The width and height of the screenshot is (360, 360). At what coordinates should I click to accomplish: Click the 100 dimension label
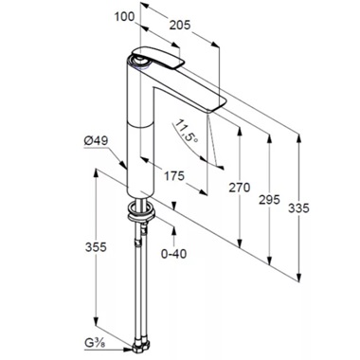pos(124,16)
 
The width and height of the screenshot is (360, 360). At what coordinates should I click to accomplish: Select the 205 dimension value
pos(180,25)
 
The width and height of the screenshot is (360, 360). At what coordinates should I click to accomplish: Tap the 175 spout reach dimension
pos(173,175)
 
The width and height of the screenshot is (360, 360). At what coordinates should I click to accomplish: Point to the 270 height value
pos(240,188)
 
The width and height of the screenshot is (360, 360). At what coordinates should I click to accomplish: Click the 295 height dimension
pos(269,200)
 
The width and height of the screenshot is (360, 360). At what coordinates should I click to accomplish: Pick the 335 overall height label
pos(298,208)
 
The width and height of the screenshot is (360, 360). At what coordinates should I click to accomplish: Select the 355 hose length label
pos(96,246)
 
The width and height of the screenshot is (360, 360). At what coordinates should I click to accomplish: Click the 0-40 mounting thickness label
pos(173,253)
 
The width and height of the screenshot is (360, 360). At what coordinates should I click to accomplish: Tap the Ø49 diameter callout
pos(96,141)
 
